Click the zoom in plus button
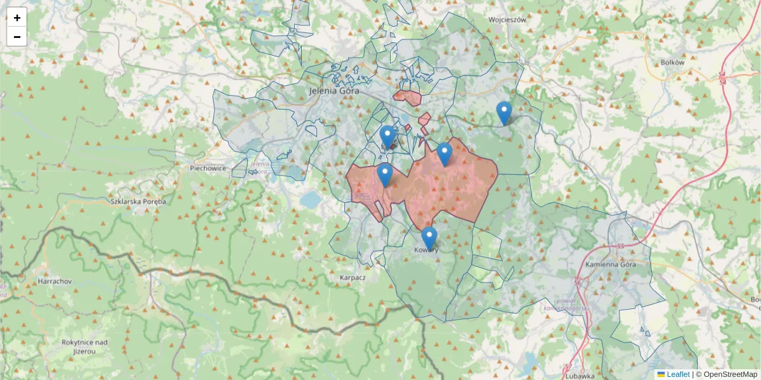click(17, 18)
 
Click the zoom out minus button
click(17, 37)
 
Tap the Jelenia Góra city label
click(334, 91)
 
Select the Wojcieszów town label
click(508, 20)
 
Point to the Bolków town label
click(672, 63)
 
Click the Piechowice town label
click(209, 168)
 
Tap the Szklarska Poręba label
click(138, 201)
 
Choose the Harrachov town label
click(55, 281)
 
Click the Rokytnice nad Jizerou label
click(84, 346)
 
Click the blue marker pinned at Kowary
click(429, 239)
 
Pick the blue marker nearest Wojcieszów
click(504, 113)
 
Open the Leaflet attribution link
click(678, 374)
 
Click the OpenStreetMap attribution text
click(727, 374)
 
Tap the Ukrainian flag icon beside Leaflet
click(661, 374)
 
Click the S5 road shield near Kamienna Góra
click(621, 246)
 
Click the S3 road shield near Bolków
click(722, 75)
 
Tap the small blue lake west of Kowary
click(311, 201)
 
